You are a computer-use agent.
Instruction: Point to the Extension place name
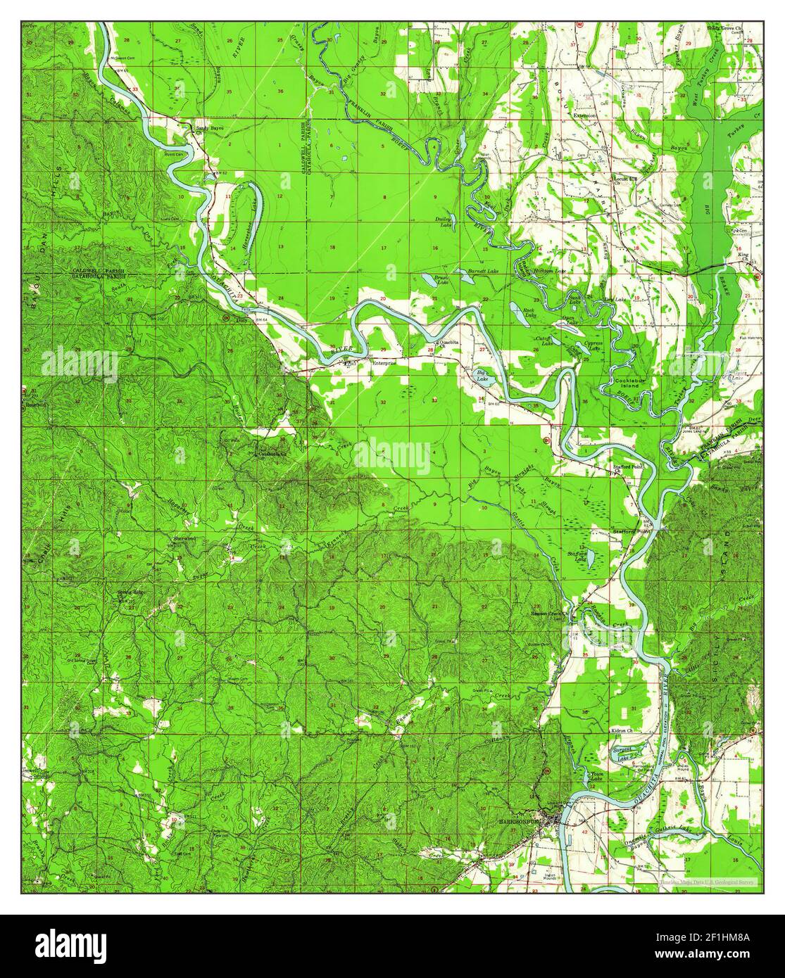tap(584, 115)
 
